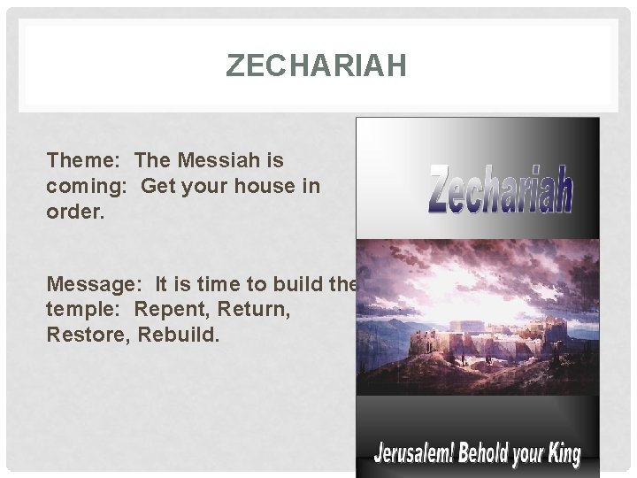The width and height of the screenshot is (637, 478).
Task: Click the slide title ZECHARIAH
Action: (316, 66)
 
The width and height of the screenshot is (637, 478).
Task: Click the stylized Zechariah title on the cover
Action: (500, 191)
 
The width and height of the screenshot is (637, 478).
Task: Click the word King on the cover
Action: (561, 455)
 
